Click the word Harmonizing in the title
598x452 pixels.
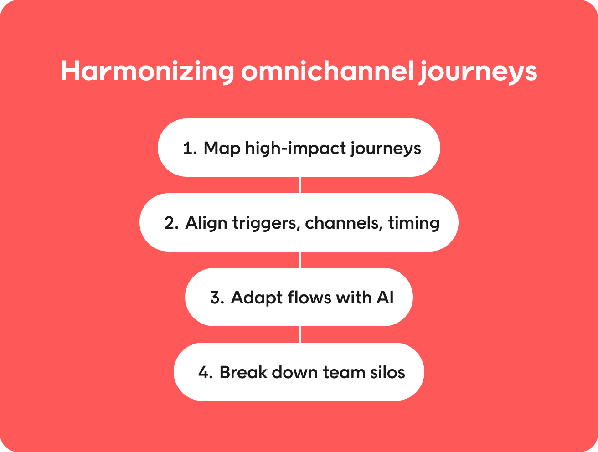[147, 72]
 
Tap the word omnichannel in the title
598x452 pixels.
[328, 70]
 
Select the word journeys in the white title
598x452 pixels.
[478, 72]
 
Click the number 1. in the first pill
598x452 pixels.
[190, 149]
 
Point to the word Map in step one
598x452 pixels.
[222, 149]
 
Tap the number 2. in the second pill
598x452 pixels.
[171, 223]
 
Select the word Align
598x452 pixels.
[206, 224]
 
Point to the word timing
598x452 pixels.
[413, 224]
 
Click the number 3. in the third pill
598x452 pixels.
[217, 298]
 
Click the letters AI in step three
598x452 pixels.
[385, 298]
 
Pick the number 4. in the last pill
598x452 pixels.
[206, 373]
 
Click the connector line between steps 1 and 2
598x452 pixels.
[299, 185]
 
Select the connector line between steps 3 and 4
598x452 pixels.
[299, 334]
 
